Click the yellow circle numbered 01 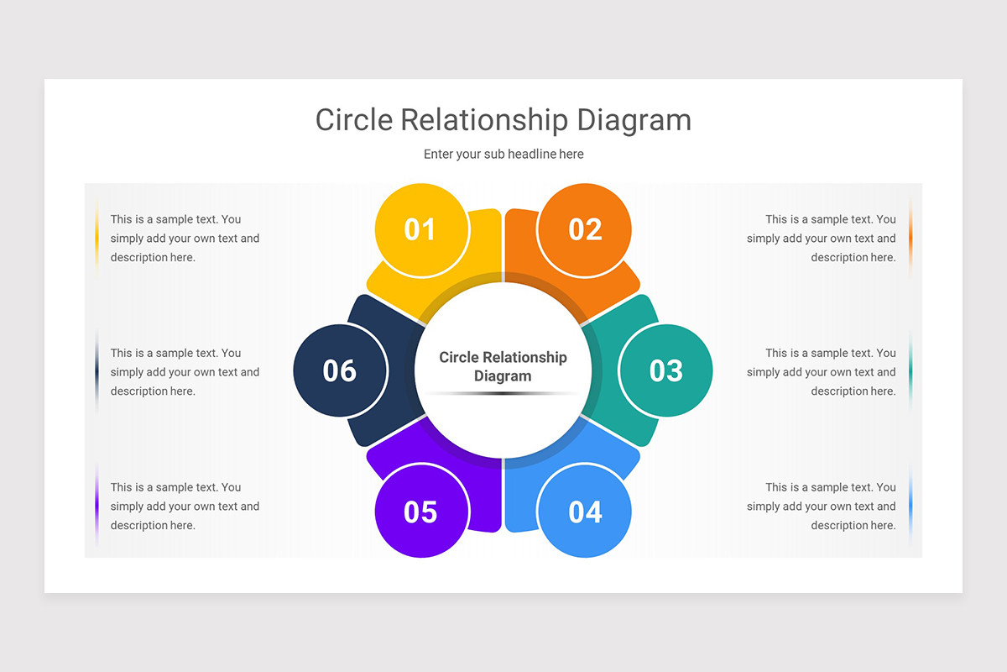pos(421,230)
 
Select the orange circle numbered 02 pos(584,230)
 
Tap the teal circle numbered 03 pos(665,370)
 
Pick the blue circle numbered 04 pos(584,511)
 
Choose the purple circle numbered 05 pos(421,511)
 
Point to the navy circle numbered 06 pos(340,370)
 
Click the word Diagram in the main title pos(634,121)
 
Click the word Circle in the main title pos(354,120)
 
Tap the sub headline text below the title pos(503,155)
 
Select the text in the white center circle pos(503,366)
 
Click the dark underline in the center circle pos(503,393)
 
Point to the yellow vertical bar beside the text pos(97,239)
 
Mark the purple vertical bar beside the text pos(97,507)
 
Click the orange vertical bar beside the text pos(910,239)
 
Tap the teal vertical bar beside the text pos(910,372)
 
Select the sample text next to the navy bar pos(185,372)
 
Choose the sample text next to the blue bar pos(822,507)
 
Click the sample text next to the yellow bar pos(185,239)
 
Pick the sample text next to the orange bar pos(822,239)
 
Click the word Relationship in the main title pos(484,121)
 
